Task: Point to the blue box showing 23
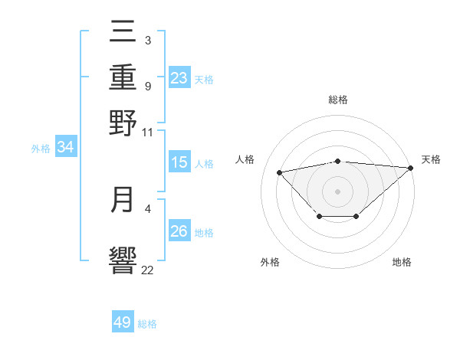pyautogui.click(x=179, y=78)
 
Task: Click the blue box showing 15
pyautogui.click(x=179, y=162)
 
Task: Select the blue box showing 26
pyautogui.click(x=179, y=231)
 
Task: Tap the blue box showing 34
pyautogui.click(x=65, y=148)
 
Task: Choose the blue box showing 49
pyautogui.click(x=123, y=322)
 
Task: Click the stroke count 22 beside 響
pyautogui.click(x=147, y=270)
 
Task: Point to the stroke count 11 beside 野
pyautogui.click(x=147, y=132)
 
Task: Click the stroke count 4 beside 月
pyautogui.click(x=147, y=208)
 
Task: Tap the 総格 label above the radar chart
pyautogui.click(x=338, y=100)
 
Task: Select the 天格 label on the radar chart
pyautogui.click(x=431, y=159)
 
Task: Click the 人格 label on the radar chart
pyautogui.click(x=245, y=159)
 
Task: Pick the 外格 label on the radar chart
pyautogui.click(x=270, y=263)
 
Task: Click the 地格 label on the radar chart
pyautogui.click(x=402, y=263)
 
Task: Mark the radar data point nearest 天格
pyautogui.click(x=410, y=169)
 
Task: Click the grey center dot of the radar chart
pyautogui.click(x=338, y=191)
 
